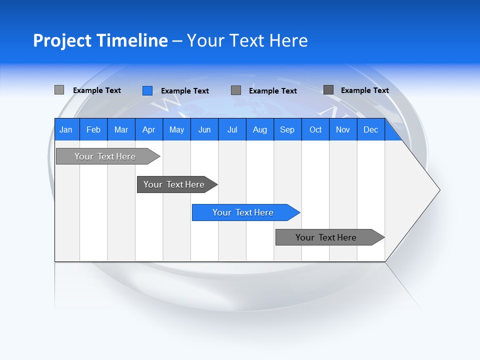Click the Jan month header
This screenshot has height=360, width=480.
(x=66, y=129)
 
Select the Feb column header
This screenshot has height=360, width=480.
(x=93, y=129)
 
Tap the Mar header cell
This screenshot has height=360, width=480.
(x=121, y=129)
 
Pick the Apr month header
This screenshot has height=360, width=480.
(x=149, y=129)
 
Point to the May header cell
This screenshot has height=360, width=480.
(x=176, y=129)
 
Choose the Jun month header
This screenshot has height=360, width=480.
(x=204, y=129)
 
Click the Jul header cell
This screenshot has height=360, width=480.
(x=232, y=129)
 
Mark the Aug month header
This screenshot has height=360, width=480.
(x=260, y=129)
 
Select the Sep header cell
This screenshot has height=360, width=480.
(x=287, y=129)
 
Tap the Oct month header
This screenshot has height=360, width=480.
(x=315, y=129)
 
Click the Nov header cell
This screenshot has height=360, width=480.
(x=343, y=129)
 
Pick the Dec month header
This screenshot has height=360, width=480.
(x=371, y=129)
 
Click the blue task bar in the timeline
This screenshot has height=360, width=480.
(x=243, y=212)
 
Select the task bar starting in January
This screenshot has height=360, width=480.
(x=105, y=156)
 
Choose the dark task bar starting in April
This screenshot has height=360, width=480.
(x=174, y=184)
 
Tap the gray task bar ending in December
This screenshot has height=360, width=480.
(x=326, y=237)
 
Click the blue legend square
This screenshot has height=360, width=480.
(x=147, y=90)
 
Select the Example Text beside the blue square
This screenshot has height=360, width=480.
(x=185, y=91)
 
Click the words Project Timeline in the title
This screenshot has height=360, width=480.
(x=100, y=40)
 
